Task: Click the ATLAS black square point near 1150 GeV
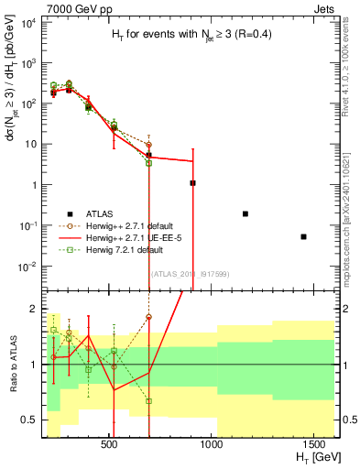(245, 213)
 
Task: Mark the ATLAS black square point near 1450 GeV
(303, 236)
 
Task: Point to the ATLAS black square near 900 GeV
(192, 183)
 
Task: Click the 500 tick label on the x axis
(109, 444)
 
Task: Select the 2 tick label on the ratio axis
(31, 309)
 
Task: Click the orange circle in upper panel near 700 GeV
(148, 145)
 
